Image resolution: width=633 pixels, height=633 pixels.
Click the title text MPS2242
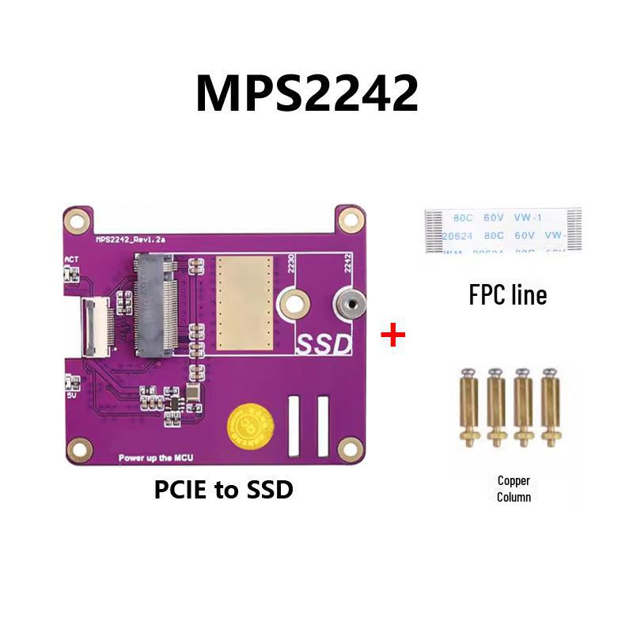coord(307,93)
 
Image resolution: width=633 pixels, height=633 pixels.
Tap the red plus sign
coord(393,335)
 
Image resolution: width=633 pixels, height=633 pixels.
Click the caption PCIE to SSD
coord(224,490)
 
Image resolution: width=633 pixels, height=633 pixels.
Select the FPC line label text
coord(507,295)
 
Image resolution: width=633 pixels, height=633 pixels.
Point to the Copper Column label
coord(514,488)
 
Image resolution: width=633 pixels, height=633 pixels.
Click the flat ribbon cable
coord(502,231)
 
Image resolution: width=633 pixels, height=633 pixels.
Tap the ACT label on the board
coord(70,259)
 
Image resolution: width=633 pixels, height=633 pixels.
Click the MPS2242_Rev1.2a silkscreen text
coord(132,238)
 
